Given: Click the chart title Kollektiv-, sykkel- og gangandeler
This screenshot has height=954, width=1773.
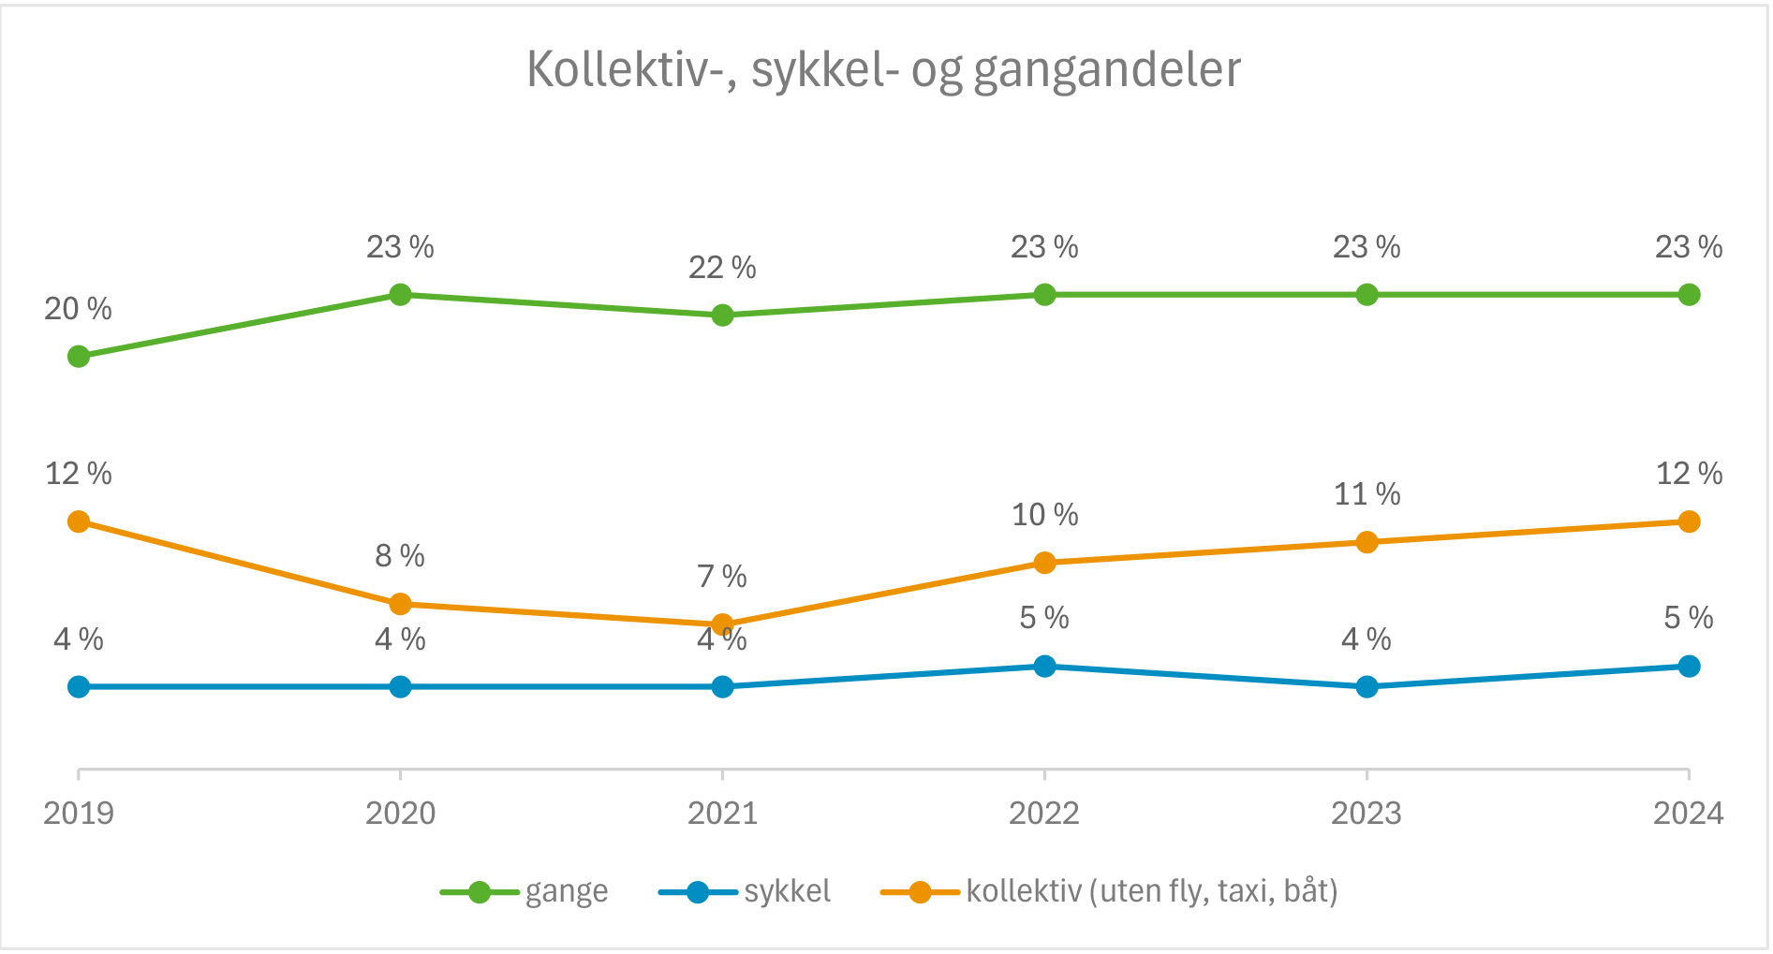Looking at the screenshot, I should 883,70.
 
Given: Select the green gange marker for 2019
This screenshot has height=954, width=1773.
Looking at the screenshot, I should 79,357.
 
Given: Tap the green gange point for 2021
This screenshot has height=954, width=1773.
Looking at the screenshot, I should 722,316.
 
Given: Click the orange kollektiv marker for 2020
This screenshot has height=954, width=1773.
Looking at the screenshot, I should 400,604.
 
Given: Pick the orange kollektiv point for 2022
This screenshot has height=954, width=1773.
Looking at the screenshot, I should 1044,563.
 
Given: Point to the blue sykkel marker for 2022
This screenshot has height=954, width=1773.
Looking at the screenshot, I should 1044,667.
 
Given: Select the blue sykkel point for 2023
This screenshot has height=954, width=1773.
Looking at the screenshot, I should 1367,687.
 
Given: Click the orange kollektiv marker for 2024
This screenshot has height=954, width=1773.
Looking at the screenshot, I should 1689,521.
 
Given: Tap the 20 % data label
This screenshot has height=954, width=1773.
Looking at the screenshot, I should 78,309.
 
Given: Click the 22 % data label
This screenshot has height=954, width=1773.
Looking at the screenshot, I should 722,268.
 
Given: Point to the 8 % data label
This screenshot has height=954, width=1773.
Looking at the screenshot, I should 400,556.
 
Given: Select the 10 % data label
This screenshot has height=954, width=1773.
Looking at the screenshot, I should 1044,515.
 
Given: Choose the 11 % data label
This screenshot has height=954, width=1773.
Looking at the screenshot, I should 1367,494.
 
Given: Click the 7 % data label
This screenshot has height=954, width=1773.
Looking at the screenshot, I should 722,577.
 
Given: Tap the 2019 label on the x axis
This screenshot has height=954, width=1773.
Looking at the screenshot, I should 79,813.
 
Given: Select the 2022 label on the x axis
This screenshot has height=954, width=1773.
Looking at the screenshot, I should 1044,813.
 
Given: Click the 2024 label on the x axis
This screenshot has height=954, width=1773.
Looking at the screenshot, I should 1688,813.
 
